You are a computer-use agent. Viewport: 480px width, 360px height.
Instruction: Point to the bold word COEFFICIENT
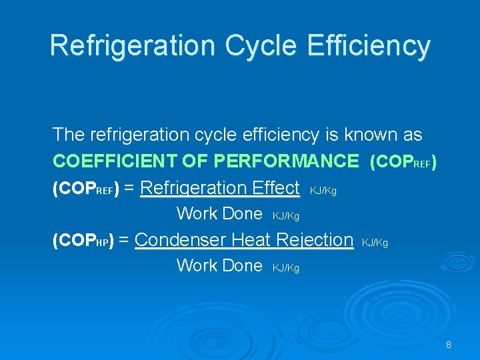click(x=111, y=161)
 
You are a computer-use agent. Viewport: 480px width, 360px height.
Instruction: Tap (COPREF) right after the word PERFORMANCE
click(x=403, y=161)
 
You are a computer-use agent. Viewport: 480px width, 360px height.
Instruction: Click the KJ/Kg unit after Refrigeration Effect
click(x=323, y=191)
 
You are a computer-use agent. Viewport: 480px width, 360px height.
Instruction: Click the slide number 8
click(x=449, y=345)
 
